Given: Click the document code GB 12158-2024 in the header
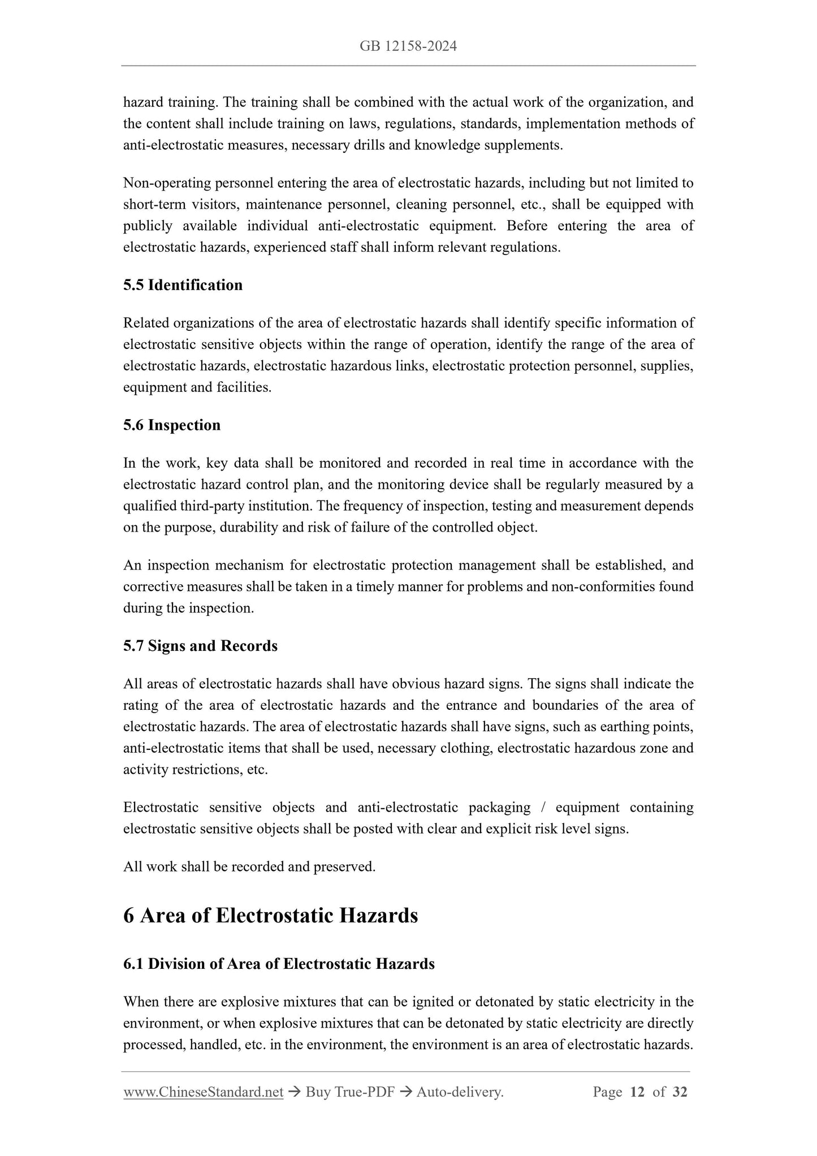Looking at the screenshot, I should click(408, 46).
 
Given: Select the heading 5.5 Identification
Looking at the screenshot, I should click(183, 285).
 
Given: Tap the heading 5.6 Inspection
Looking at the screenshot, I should click(172, 425).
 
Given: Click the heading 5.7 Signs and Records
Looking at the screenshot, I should click(200, 646).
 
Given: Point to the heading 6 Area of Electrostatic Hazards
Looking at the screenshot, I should click(270, 916).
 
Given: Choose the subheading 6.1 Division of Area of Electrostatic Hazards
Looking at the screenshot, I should click(279, 964).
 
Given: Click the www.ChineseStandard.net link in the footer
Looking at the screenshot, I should click(203, 1092).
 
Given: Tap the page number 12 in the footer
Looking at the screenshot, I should click(637, 1092).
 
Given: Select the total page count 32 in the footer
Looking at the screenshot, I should click(680, 1092).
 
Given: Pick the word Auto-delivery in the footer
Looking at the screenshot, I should click(459, 1092).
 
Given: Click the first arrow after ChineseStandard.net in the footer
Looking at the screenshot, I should click(293, 1092).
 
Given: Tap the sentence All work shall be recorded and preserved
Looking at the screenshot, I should click(249, 866).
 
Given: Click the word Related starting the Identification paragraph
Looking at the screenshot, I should click(146, 323).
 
